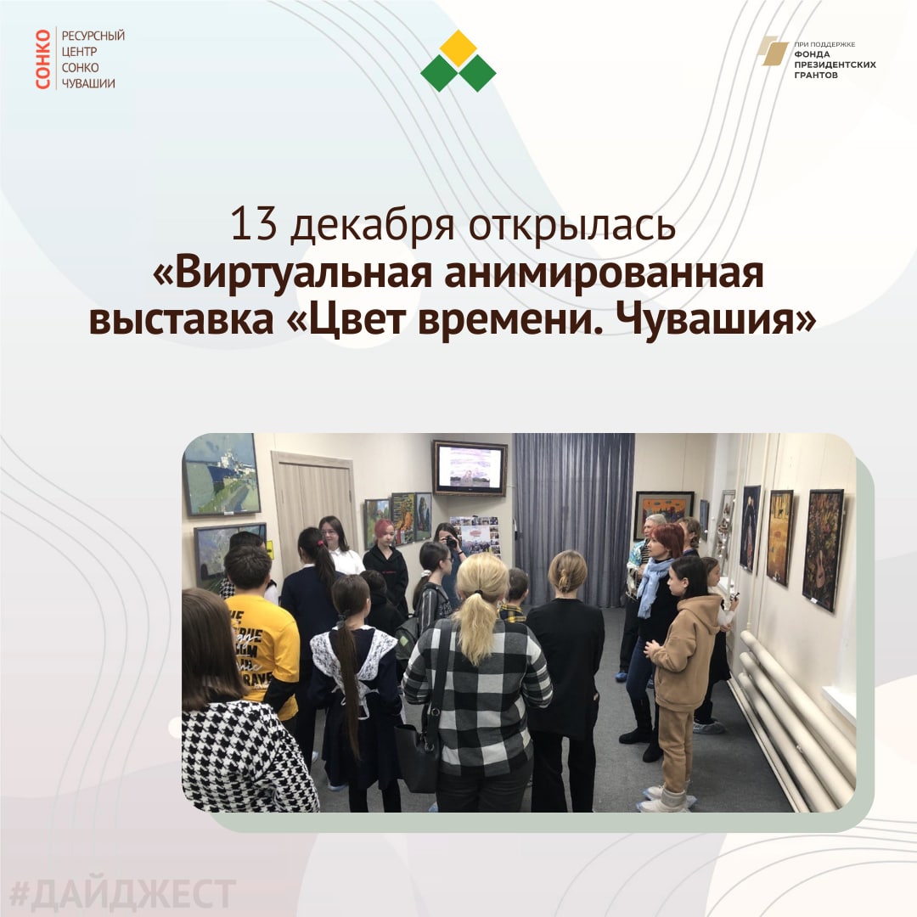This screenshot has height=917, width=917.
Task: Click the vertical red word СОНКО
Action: [x=42, y=59]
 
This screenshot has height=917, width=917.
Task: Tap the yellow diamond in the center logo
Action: [x=458, y=48]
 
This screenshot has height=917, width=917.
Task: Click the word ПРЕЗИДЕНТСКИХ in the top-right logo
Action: [x=835, y=65]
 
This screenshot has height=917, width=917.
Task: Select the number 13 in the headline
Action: [x=253, y=224]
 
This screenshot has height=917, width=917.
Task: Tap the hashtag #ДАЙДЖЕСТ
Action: [x=123, y=894]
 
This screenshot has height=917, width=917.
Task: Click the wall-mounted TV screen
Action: [x=470, y=468]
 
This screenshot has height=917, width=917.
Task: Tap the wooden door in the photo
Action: [x=314, y=509]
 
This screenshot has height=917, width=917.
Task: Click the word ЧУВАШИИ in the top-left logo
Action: [x=88, y=83]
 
